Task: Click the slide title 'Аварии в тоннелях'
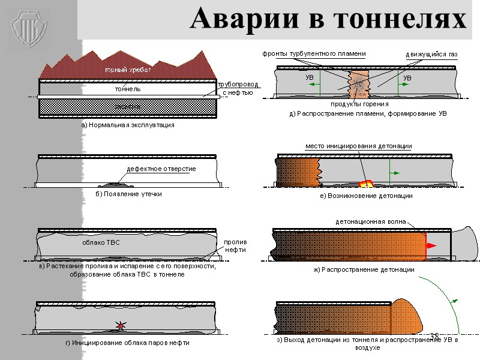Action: (328, 20)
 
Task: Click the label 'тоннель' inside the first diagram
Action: (127, 89)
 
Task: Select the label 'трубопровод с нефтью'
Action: (238, 88)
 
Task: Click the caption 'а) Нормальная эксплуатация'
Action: (128, 125)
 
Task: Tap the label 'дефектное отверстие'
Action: (161, 169)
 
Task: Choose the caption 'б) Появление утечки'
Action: (129, 194)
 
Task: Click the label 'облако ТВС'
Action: (101, 243)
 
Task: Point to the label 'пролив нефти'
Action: (235, 245)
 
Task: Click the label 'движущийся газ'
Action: (431, 55)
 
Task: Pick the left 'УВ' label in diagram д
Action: (310, 78)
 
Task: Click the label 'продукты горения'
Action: (356, 104)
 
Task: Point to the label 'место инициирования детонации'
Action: (359, 146)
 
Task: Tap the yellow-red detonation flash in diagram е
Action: (364, 182)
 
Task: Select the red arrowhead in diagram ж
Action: (431, 246)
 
